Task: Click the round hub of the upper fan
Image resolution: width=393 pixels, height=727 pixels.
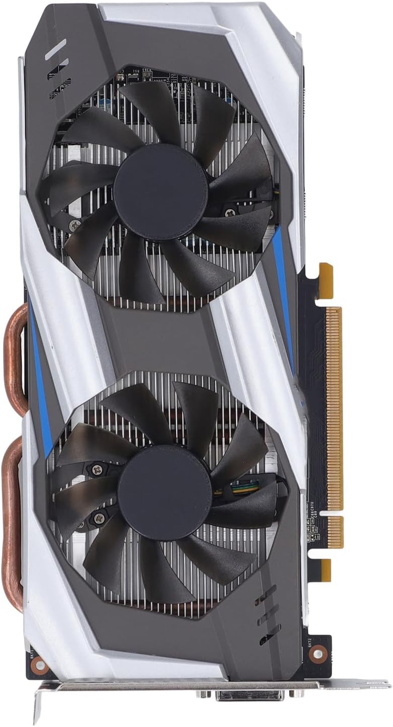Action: point(160,192)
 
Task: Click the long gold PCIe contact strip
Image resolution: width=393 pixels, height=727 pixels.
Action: point(334,408)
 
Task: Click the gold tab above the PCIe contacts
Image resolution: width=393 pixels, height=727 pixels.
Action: point(326,275)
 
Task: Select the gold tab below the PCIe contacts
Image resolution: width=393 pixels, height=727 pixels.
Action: point(326,570)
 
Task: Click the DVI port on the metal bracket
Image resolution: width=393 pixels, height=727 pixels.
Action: point(248,695)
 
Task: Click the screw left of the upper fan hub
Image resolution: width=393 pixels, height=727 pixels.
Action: point(75,224)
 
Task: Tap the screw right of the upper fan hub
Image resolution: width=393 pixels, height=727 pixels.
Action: point(230,213)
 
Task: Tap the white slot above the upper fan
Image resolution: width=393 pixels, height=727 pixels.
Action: point(55,49)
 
